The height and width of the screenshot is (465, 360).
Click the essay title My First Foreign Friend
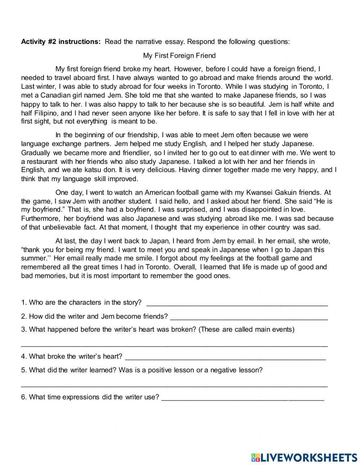click(179, 55)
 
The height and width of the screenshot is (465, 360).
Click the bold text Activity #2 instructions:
click(61, 42)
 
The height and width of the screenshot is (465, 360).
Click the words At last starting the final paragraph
click(65, 241)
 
